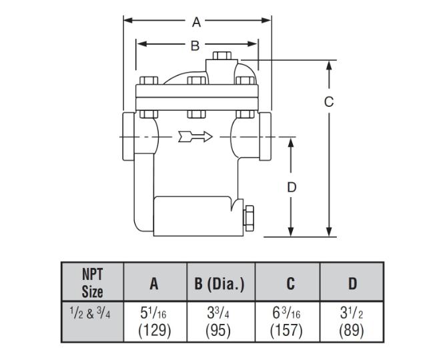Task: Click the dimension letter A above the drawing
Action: [x=197, y=22]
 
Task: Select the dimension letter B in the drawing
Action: [x=195, y=45]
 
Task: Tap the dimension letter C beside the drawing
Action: [x=328, y=102]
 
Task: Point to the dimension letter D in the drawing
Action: [x=292, y=188]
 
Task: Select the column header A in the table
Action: [x=154, y=283]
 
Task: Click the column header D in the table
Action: [x=352, y=283]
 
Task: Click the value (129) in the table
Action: [x=155, y=330]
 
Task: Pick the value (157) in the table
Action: [x=288, y=330]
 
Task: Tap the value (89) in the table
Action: [x=352, y=330]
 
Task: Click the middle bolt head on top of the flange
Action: [x=196, y=82]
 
